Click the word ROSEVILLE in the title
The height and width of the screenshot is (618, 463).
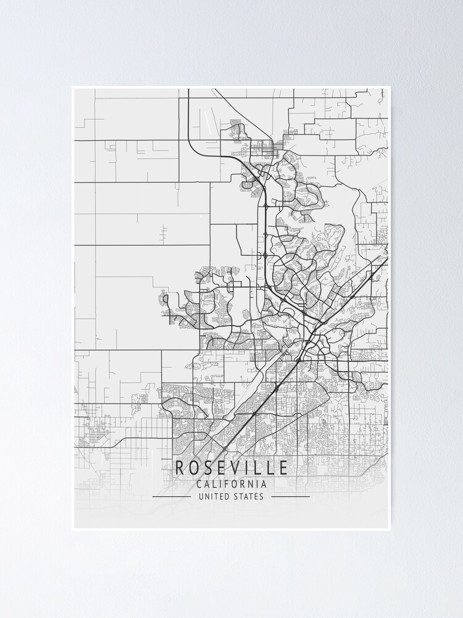pyautogui.click(x=231, y=468)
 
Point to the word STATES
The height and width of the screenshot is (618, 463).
pyautogui.click(x=248, y=496)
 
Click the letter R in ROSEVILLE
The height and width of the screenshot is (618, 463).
pyautogui.click(x=180, y=468)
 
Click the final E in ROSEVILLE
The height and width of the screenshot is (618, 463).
pyautogui.click(x=282, y=468)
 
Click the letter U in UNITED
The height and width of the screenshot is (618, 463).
pyautogui.click(x=201, y=496)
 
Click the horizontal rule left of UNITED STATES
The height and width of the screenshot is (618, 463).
pyautogui.click(x=171, y=496)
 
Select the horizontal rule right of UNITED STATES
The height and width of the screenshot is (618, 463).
pyautogui.click(x=290, y=496)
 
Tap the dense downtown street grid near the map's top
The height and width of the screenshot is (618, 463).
pyautogui.click(x=267, y=148)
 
